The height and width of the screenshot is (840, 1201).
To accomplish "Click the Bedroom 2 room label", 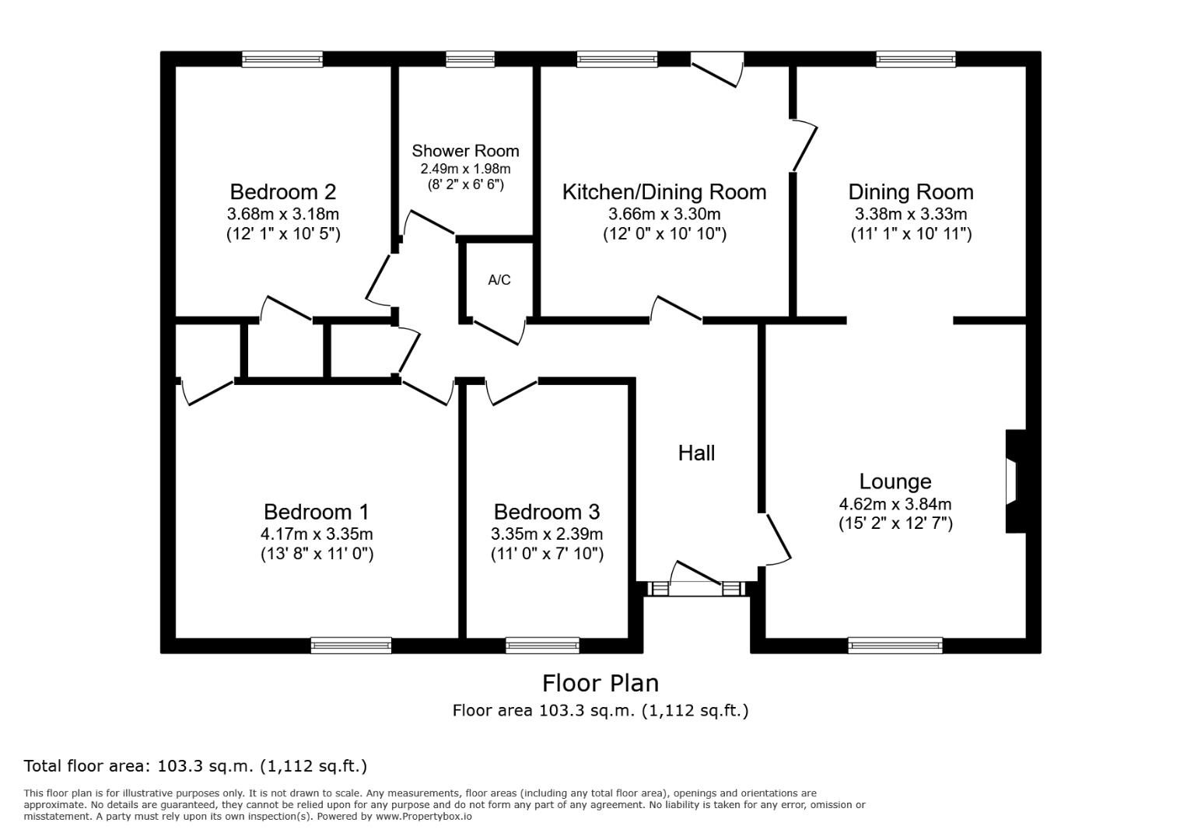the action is tap(283, 191).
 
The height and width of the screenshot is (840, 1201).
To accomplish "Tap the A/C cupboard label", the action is tap(499, 280).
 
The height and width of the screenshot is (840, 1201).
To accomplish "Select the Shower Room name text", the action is tap(465, 151).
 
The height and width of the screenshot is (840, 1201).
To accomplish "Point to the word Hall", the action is tap(696, 453).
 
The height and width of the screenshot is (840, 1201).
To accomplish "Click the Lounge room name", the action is tap(895, 481).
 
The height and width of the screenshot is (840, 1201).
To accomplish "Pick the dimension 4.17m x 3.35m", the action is tap(317, 534).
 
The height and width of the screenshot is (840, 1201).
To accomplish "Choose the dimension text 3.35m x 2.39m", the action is tap(547, 534).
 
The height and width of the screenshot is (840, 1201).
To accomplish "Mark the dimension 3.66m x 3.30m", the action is tap(664, 214).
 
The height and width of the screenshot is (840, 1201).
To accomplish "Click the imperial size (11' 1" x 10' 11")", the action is tap(911, 233).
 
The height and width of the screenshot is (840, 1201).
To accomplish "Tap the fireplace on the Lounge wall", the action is tap(1016, 481).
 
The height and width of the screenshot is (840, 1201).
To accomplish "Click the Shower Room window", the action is tap(471, 59).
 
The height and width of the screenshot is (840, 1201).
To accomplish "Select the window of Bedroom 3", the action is tap(543, 645).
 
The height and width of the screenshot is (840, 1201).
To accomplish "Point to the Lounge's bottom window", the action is tap(895, 645).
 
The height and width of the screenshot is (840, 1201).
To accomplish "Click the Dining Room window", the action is tap(916, 59).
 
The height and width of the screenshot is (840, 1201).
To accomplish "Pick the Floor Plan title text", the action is tap(600, 684).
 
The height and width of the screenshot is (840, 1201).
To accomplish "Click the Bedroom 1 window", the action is tap(351, 645).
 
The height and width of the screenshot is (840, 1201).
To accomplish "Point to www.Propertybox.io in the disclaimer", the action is tap(424, 817).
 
